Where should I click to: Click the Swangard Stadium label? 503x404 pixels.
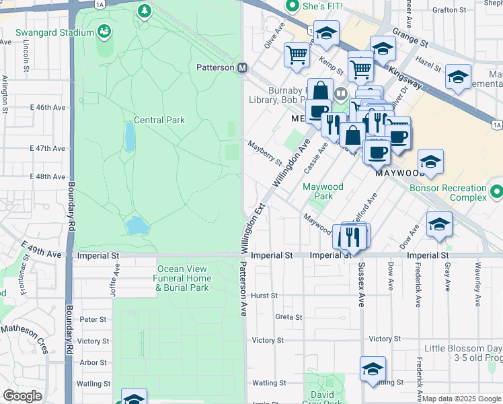46,32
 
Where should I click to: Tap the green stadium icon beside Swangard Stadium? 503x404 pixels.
104,31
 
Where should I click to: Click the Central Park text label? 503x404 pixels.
159,121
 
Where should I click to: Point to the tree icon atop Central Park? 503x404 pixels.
143,11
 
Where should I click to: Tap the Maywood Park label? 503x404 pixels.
323,191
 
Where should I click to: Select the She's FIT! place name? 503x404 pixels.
322,6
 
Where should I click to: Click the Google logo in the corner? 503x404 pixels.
23,396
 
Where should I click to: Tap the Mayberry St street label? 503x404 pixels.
264,151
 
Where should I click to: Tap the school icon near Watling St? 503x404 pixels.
372,370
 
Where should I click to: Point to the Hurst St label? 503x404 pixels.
264,296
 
